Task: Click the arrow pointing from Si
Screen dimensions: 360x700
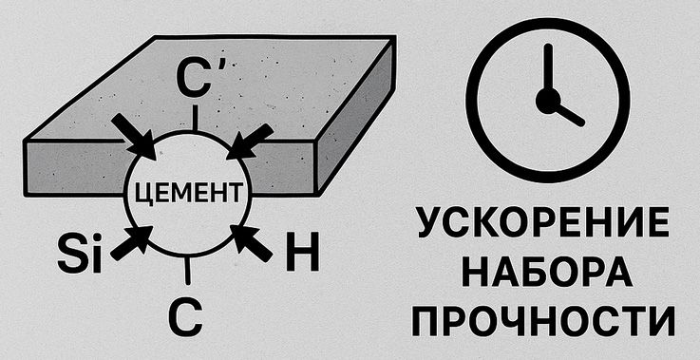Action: point(131,241)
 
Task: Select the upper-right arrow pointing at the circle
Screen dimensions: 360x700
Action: point(250,141)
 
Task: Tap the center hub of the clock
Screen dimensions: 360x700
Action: point(546,100)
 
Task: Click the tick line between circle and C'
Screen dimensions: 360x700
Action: point(196,118)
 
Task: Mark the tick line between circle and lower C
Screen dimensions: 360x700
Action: point(186,271)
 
